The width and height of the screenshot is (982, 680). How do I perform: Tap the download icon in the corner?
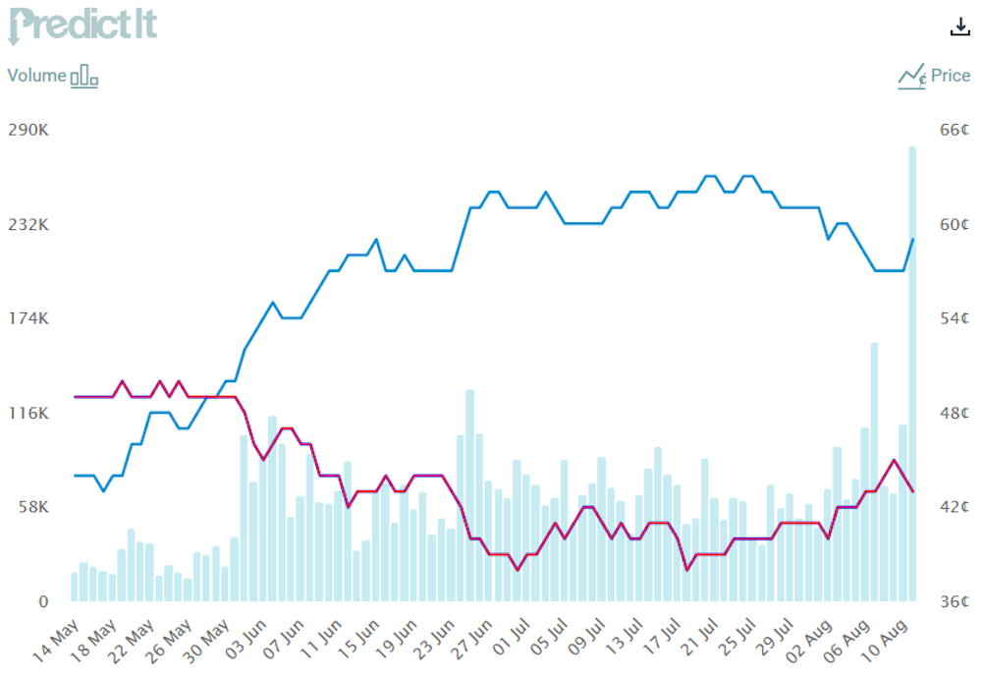coord(959,28)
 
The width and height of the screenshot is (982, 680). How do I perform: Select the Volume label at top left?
coord(37,76)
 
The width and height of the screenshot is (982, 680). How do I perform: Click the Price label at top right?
coord(951,76)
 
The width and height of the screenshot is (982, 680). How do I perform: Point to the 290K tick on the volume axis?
coord(27,130)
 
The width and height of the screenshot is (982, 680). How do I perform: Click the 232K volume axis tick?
coord(27,224)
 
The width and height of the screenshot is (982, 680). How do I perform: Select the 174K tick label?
coord(27,318)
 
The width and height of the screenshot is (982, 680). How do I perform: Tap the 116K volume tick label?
coord(27,413)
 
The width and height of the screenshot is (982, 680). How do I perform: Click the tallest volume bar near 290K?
coord(912,373)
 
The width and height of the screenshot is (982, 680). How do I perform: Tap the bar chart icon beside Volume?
coord(84,76)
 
